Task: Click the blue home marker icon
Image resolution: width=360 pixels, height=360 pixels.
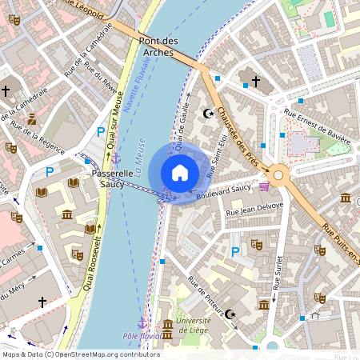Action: click(180, 173)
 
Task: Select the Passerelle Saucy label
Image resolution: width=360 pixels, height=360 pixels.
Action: click(107, 178)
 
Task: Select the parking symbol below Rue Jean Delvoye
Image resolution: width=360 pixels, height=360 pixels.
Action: click(235, 252)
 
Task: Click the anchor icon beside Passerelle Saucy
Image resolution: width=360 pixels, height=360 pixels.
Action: click(116, 160)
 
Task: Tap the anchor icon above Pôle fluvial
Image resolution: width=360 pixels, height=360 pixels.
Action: click(142, 322)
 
